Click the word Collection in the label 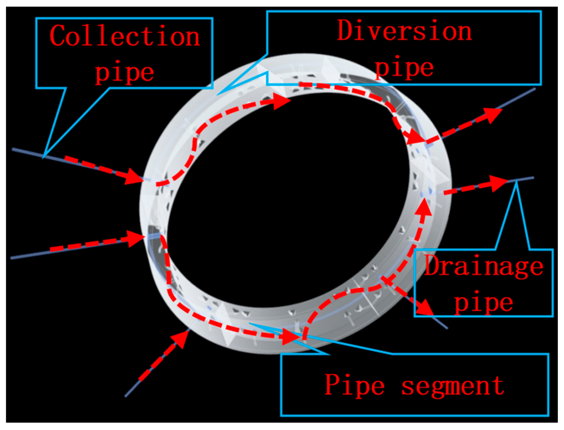tap(125, 36)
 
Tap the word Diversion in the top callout tap(404, 30)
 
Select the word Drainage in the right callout tap(484, 266)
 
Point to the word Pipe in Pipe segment tap(354, 386)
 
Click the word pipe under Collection tap(125, 72)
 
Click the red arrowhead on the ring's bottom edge tap(289, 337)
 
